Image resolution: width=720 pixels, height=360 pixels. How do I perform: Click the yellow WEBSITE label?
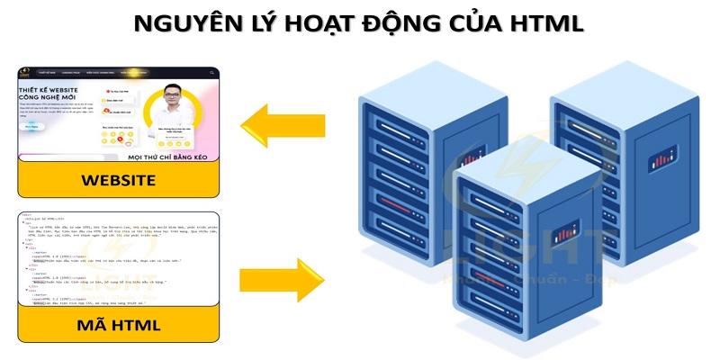[x=118, y=180]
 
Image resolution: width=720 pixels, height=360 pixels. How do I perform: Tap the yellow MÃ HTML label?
[x=118, y=324]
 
